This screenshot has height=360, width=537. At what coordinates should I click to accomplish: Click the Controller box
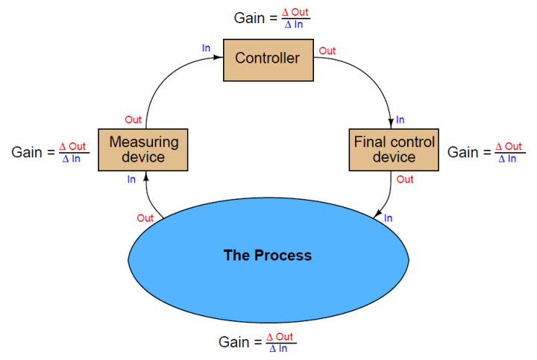267,58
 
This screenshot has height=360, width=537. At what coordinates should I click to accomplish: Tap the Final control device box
394,149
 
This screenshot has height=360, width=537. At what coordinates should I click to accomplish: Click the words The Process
267,256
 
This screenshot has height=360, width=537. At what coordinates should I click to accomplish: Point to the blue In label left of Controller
207,48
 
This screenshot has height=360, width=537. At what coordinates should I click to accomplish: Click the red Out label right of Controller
327,51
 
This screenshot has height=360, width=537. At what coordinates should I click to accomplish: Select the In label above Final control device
401,119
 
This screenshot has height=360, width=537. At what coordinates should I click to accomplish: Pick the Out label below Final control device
405,180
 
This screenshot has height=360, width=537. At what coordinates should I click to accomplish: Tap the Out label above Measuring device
134,119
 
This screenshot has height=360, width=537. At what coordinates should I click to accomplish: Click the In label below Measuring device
131,180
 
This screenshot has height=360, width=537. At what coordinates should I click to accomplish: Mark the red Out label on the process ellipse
145,218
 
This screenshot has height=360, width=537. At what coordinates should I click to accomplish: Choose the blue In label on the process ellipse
389,218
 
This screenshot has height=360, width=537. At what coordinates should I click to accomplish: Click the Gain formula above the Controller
271,18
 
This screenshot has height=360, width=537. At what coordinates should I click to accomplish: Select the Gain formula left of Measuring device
51,152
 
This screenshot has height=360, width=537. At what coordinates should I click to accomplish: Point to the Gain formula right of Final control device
485,152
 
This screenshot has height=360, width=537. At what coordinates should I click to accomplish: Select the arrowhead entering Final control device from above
392,124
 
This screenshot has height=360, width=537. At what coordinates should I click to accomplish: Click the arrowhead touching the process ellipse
376,216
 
